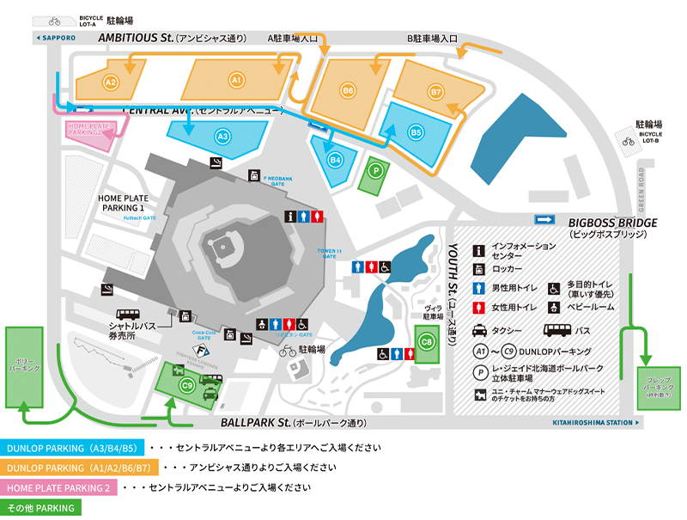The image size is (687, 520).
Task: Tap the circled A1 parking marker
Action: point(238,80)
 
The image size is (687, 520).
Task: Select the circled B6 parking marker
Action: point(348,90)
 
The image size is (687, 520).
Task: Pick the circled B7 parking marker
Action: point(436,90)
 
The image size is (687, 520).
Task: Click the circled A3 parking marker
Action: point(222,135)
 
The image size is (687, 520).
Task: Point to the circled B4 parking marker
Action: point(336,159)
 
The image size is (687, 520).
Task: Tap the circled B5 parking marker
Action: point(416,132)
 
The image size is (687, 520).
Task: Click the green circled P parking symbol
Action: point(374,170)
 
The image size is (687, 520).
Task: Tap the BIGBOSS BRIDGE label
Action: point(613,223)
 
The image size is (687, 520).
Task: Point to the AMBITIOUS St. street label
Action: point(136,38)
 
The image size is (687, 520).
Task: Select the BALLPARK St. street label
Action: point(254,423)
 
